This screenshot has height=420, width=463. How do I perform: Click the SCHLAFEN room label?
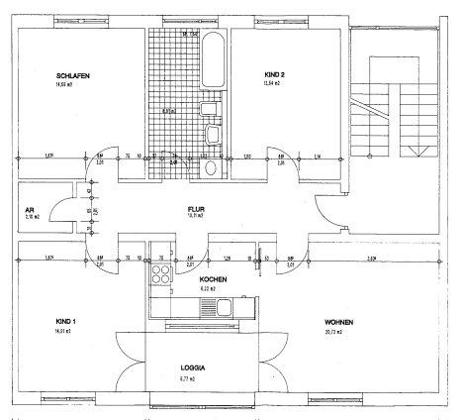(x=76, y=74)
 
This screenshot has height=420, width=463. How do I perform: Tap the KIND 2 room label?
(x=274, y=74)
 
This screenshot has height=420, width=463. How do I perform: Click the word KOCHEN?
(x=214, y=279)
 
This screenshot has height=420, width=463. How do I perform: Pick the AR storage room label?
(x=30, y=209)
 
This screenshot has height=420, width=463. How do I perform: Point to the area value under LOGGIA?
(x=185, y=377)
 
